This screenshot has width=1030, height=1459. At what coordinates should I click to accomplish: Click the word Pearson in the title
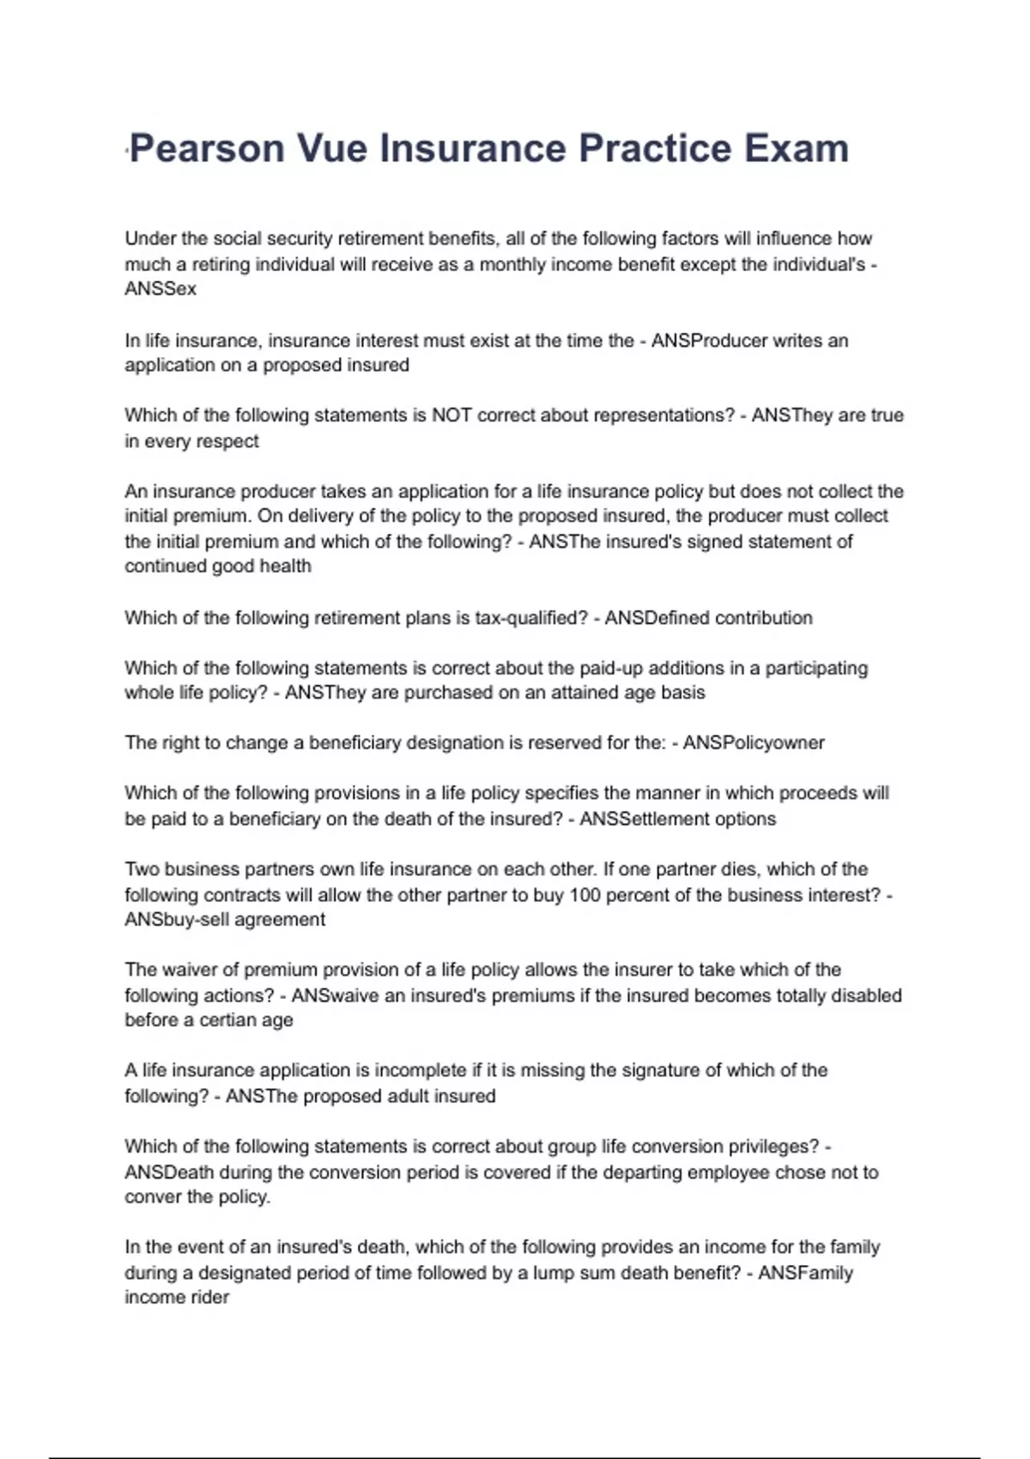[x=207, y=148]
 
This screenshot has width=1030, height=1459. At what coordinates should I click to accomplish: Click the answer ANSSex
[x=161, y=289]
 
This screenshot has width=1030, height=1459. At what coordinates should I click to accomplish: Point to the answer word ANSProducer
[x=709, y=341]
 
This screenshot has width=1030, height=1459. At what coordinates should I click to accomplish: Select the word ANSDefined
[x=657, y=618]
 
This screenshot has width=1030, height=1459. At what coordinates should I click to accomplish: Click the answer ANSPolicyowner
[x=754, y=743]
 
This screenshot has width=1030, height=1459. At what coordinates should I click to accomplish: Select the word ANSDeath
[x=169, y=1172]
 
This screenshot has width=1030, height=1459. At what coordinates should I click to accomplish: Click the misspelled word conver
[x=152, y=1197]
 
